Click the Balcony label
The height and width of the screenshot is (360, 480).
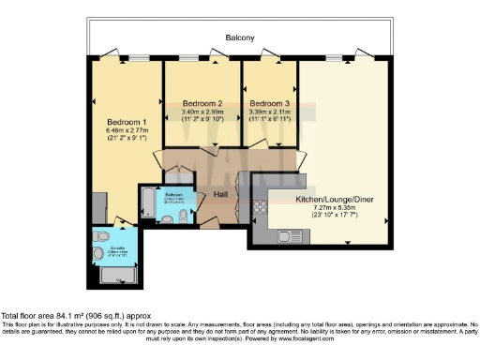240,38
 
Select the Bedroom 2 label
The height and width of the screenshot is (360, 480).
202,102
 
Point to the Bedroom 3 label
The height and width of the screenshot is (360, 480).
268,102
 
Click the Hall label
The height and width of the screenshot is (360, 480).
221,194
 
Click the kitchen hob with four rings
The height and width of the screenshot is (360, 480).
260,210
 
